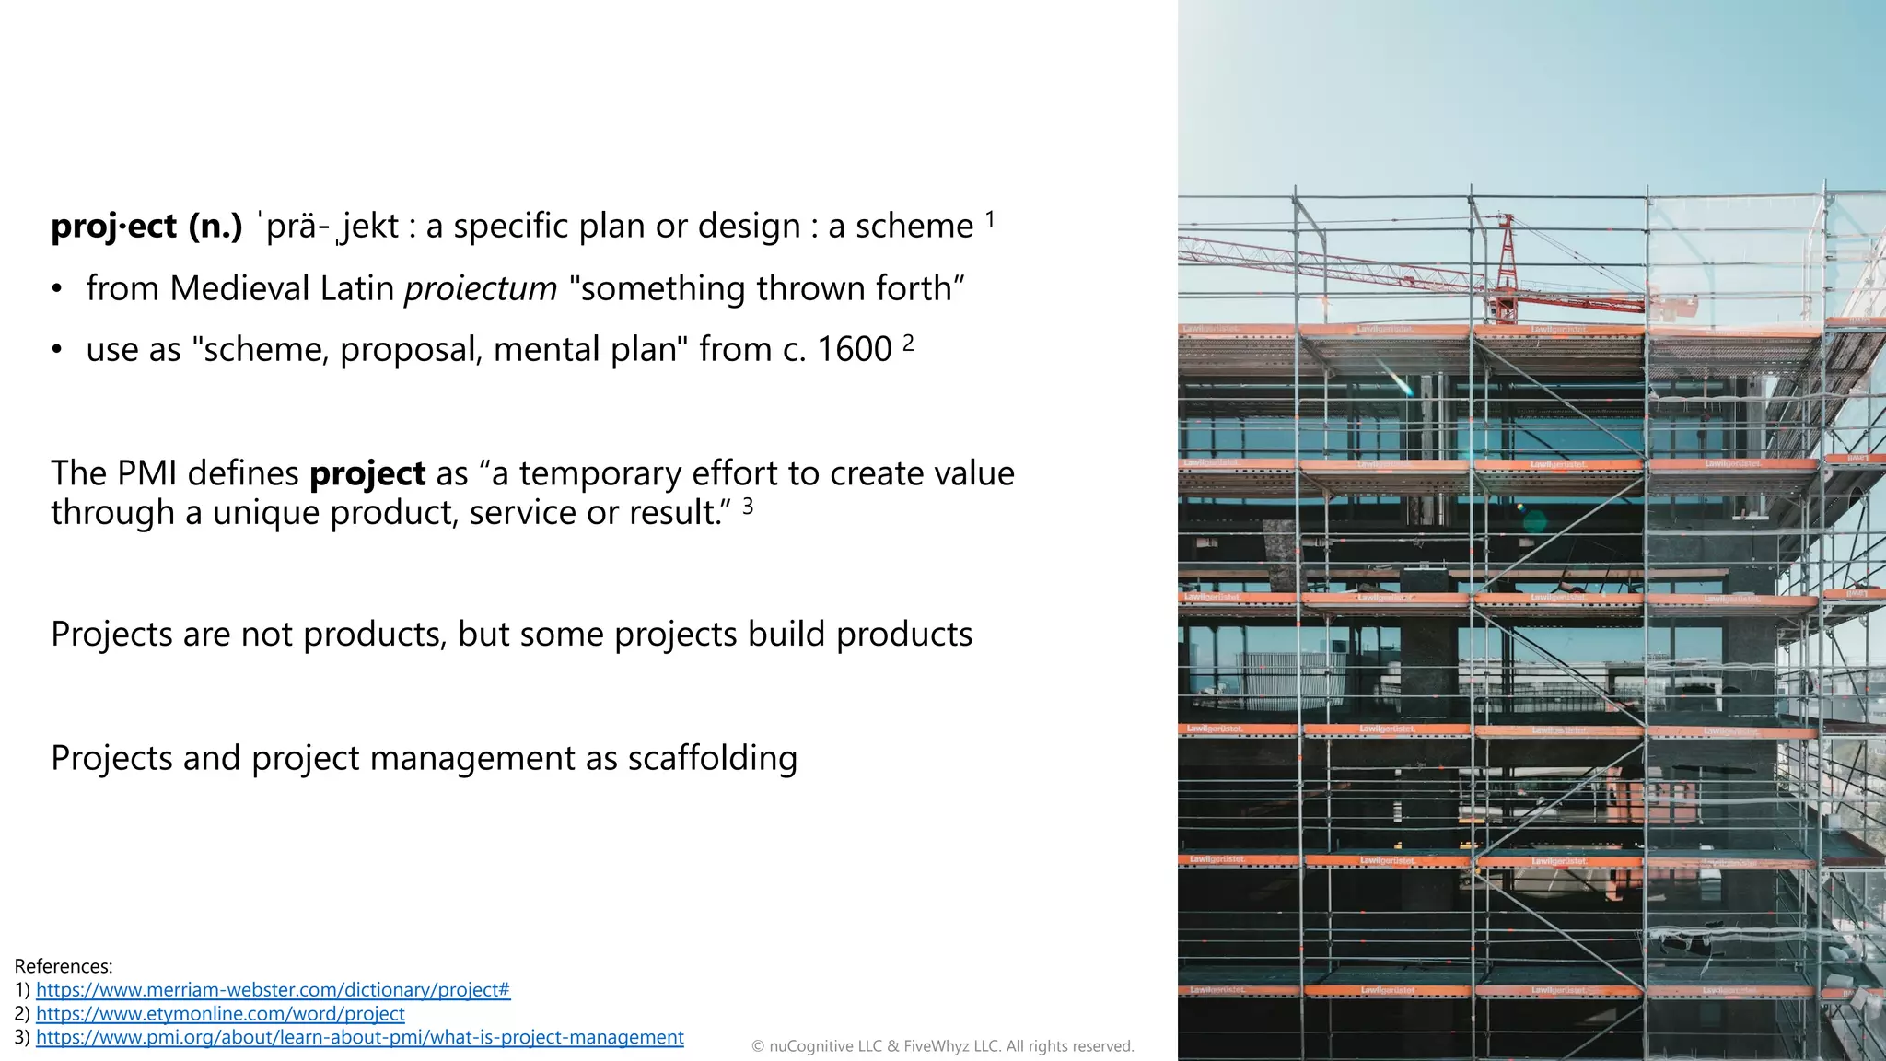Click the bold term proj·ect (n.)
(x=146, y=227)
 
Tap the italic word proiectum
(x=481, y=289)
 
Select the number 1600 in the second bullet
(x=855, y=350)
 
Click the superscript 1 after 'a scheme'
(x=990, y=220)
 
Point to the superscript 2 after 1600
(x=908, y=344)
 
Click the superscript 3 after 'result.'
(x=748, y=506)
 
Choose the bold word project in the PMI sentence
(x=367, y=474)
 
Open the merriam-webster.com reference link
(x=273, y=990)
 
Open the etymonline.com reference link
(x=220, y=1014)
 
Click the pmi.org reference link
(x=359, y=1038)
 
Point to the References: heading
(x=64, y=966)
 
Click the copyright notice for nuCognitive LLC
(x=942, y=1046)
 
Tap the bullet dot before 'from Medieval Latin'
(x=57, y=290)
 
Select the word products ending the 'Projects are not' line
(x=903, y=635)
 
